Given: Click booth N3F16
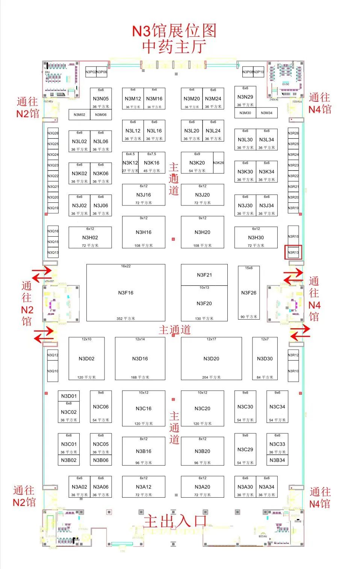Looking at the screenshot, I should point(126,293).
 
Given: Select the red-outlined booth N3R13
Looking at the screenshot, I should point(293,252).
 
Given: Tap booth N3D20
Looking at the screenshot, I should point(211,358).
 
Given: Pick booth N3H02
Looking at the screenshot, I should point(90,237).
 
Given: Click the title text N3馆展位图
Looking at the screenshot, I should point(174,31).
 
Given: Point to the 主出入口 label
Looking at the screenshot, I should point(175,521).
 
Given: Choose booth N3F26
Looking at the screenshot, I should point(249,293).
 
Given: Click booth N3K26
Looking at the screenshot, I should point(218,163).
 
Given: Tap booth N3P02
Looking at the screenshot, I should point(91,72).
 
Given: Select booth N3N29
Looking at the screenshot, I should point(245,97).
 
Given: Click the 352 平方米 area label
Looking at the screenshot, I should point(126,318).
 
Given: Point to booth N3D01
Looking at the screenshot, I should point(69,396).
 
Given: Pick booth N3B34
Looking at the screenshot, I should point(277,460).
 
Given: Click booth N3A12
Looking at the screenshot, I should point(144,487).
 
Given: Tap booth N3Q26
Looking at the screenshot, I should point(53,133).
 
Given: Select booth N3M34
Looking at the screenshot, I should point(267,113).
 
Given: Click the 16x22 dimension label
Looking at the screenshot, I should point(126,266).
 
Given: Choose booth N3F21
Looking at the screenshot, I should point(204,275).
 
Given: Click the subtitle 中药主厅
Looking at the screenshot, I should point(174,47).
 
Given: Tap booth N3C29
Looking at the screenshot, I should point(245,449).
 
